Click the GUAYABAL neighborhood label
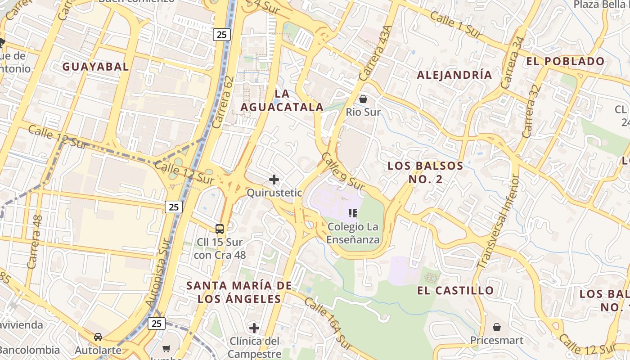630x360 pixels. (x=95, y=67)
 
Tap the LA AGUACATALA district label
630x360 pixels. (x=282, y=100)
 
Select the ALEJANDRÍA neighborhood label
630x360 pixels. (x=454, y=75)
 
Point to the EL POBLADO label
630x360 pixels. (x=565, y=61)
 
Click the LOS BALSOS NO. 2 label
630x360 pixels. (x=425, y=172)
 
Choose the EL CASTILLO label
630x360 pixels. (x=455, y=290)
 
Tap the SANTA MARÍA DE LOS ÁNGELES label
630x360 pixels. (x=239, y=292)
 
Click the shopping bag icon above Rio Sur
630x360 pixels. (x=363, y=99)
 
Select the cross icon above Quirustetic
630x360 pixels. (x=274, y=180)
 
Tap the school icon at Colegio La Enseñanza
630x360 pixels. (x=353, y=213)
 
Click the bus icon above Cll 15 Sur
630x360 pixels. (x=220, y=229)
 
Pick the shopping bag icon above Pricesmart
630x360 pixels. (x=497, y=327)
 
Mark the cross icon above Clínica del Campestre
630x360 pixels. (x=254, y=328)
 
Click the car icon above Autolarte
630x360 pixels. (x=98, y=337)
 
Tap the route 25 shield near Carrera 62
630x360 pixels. (x=222, y=35)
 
